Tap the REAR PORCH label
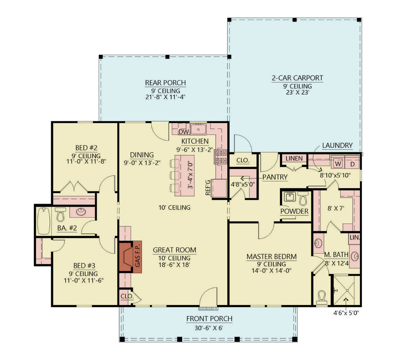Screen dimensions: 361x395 tap(165, 83)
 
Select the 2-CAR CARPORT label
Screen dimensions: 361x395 tap(297, 78)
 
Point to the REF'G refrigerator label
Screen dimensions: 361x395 tap(208, 187)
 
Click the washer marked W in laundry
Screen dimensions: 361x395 tap(338, 163)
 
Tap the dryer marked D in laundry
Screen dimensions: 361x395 tap(352, 163)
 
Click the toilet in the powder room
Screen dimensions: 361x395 tap(303, 199)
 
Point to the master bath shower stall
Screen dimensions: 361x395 tap(345, 290)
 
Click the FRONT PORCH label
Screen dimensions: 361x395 tap(209, 319)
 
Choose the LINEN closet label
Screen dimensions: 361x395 tap(294, 158)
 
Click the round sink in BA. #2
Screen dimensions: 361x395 tap(81, 212)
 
